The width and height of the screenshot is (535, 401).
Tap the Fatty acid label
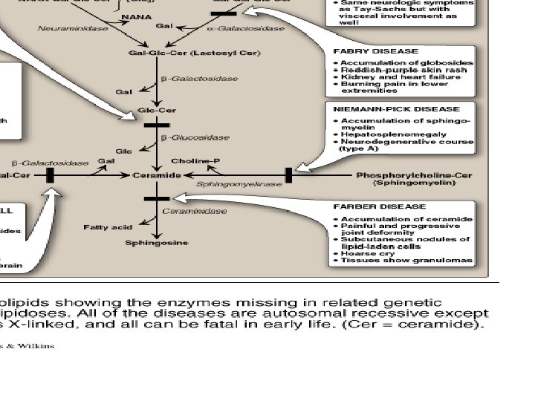[x=108, y=227]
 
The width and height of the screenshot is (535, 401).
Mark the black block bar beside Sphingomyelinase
[x=288, y=175]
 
